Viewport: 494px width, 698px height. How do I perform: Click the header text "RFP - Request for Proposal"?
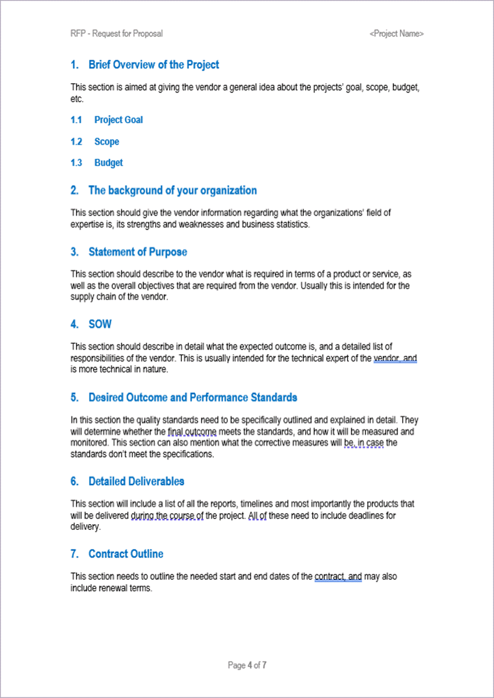pyautogui.click(x=117, y=34)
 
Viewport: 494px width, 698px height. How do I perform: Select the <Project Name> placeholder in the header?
pyautogui.click(x=396, y=34)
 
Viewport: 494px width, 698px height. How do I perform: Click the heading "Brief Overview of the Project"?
pyautogui.click(x=153, y=65)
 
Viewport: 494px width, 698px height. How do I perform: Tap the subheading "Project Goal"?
pyautogui.click(x=119, y=120)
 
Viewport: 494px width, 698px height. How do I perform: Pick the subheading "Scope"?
pyautogui.click(x=106, y=141)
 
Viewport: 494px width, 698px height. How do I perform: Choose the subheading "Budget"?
pyautogui.click(x=109, y=163)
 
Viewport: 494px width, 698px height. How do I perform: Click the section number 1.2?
pyautogui.click(x=77, y=141)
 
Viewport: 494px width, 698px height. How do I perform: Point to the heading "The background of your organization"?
pyautogui.click(x=172, y=190)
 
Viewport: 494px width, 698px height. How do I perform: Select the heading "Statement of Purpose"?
pyautogui.click(x=138, y=252)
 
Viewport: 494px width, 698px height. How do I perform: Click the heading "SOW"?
pyautogui.click(x=100, y=324)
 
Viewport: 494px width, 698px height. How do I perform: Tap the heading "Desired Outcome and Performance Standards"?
pyautogui.click(x=192, y=397)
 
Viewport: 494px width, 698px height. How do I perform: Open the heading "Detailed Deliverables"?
pyautogui.click(x=136, y=481)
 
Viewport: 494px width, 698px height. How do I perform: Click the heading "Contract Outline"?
pyautogui.click(x=126, y=554)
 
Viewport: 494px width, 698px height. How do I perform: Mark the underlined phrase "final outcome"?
pyautogui.click(x=192, y=432)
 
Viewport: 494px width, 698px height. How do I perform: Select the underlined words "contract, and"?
pyautogui.click(x=338, y=577)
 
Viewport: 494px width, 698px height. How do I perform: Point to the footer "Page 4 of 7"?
pyautogui.click(x=247, y=665)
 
